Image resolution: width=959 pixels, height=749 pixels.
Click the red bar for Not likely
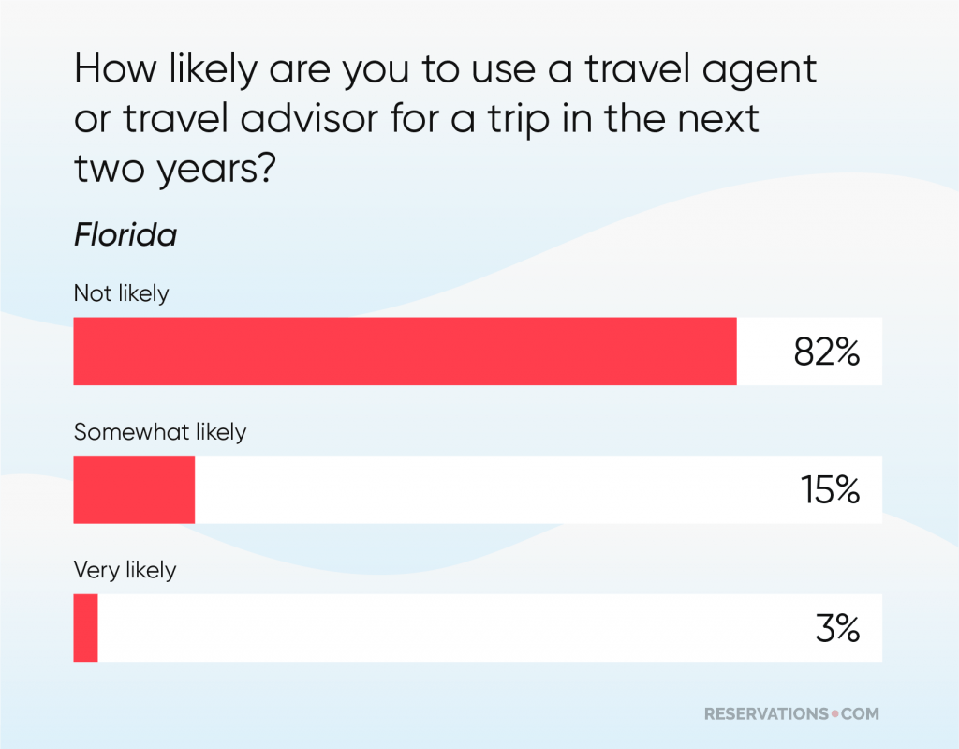pyautogui.click(x=405, y=352)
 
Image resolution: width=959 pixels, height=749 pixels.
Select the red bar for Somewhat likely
pyautogui.click(x=134, y=489)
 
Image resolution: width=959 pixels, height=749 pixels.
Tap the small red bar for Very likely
pyautogui.click(x=85, y=628)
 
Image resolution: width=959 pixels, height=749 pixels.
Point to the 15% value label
pyautogui.click(x=829, y=490)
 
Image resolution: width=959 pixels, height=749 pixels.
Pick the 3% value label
pyautogui.click(x=836, y=629)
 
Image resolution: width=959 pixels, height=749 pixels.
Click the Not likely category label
pyautogui.click(x=122, y=293)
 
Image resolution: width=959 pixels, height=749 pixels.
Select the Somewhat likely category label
pyautogui.click(x=160, y=432)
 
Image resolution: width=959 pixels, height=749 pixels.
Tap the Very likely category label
pyautogui.click(x=125, y=570)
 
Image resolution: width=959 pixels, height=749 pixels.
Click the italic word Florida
pyautogui.click(x=125, y=235)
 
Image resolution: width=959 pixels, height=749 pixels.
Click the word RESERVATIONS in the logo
pyautogui.click(x=765, y=714)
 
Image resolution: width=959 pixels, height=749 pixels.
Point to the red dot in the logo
pyautogui.click(x=834, y=715)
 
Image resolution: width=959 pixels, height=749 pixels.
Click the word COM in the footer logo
pyautogui.click(x=859, y=714)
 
